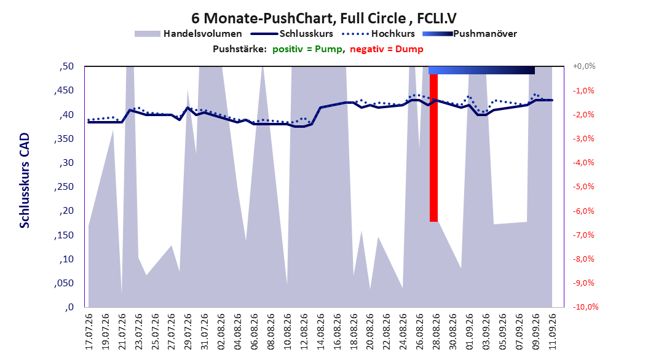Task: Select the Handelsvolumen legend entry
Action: click(188, 34)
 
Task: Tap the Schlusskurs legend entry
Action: click(292, 34)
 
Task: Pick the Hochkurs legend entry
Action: click(378, 34)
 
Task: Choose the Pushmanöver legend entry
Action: click(470, 34)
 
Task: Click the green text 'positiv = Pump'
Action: click(307, 49)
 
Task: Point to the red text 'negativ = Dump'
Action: click(387, 49)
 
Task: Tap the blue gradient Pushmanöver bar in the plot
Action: click(481, 71)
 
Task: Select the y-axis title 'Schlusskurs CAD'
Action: click(25, 181)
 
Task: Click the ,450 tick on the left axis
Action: click(64, 90)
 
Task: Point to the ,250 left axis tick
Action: click(64, 187)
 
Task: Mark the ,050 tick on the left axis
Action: click(64, 283)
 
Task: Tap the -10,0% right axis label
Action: click(585, 307)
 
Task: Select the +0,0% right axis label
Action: click(584, 66)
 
